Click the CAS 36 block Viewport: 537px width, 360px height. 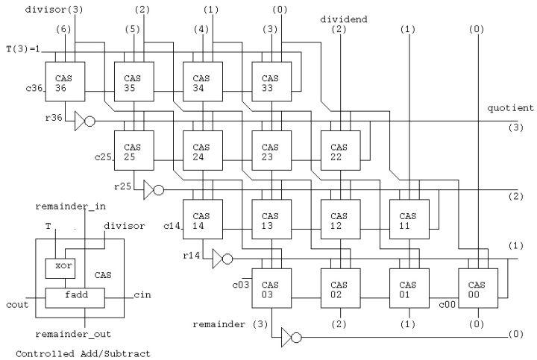tap(65, 81)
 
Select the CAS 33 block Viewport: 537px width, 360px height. tap(271, 81)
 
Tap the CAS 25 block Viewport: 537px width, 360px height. tap(134, 151)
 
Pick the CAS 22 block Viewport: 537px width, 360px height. tap(339, 151)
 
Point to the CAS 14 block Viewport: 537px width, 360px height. tap(202, 220)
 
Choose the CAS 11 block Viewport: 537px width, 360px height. tap(408, 220)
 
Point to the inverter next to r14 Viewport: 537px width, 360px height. tap(221, 258)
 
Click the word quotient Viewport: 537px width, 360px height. tap(511, 108)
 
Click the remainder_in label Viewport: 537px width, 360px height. tap(71, 205)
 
